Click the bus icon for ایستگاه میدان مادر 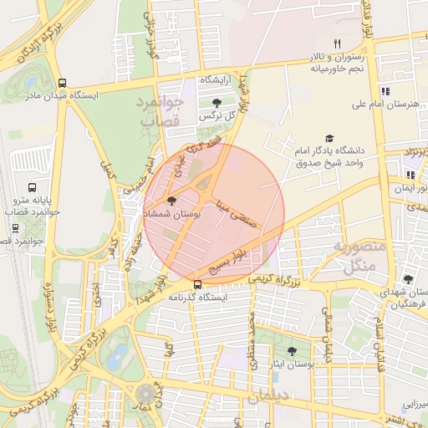[x=63, y=83]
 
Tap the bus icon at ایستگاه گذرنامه [x=197, y=284]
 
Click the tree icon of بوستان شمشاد [x=172, y=201]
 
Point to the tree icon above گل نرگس [x=217, y=102]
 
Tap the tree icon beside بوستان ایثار [x=291, y=352]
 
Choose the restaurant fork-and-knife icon [x=338, y=43]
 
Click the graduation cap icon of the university [x=329, y=137]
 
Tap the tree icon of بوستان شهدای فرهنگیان [x=408, y=279]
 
